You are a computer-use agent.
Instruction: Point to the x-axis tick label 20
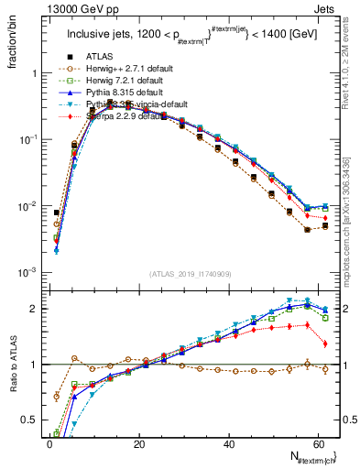[x=137, y=444]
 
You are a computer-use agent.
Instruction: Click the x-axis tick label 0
[x=49, y=444]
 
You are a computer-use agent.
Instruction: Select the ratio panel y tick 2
[x=34, y=309]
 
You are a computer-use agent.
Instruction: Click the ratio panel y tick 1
[x=34, y=365]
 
